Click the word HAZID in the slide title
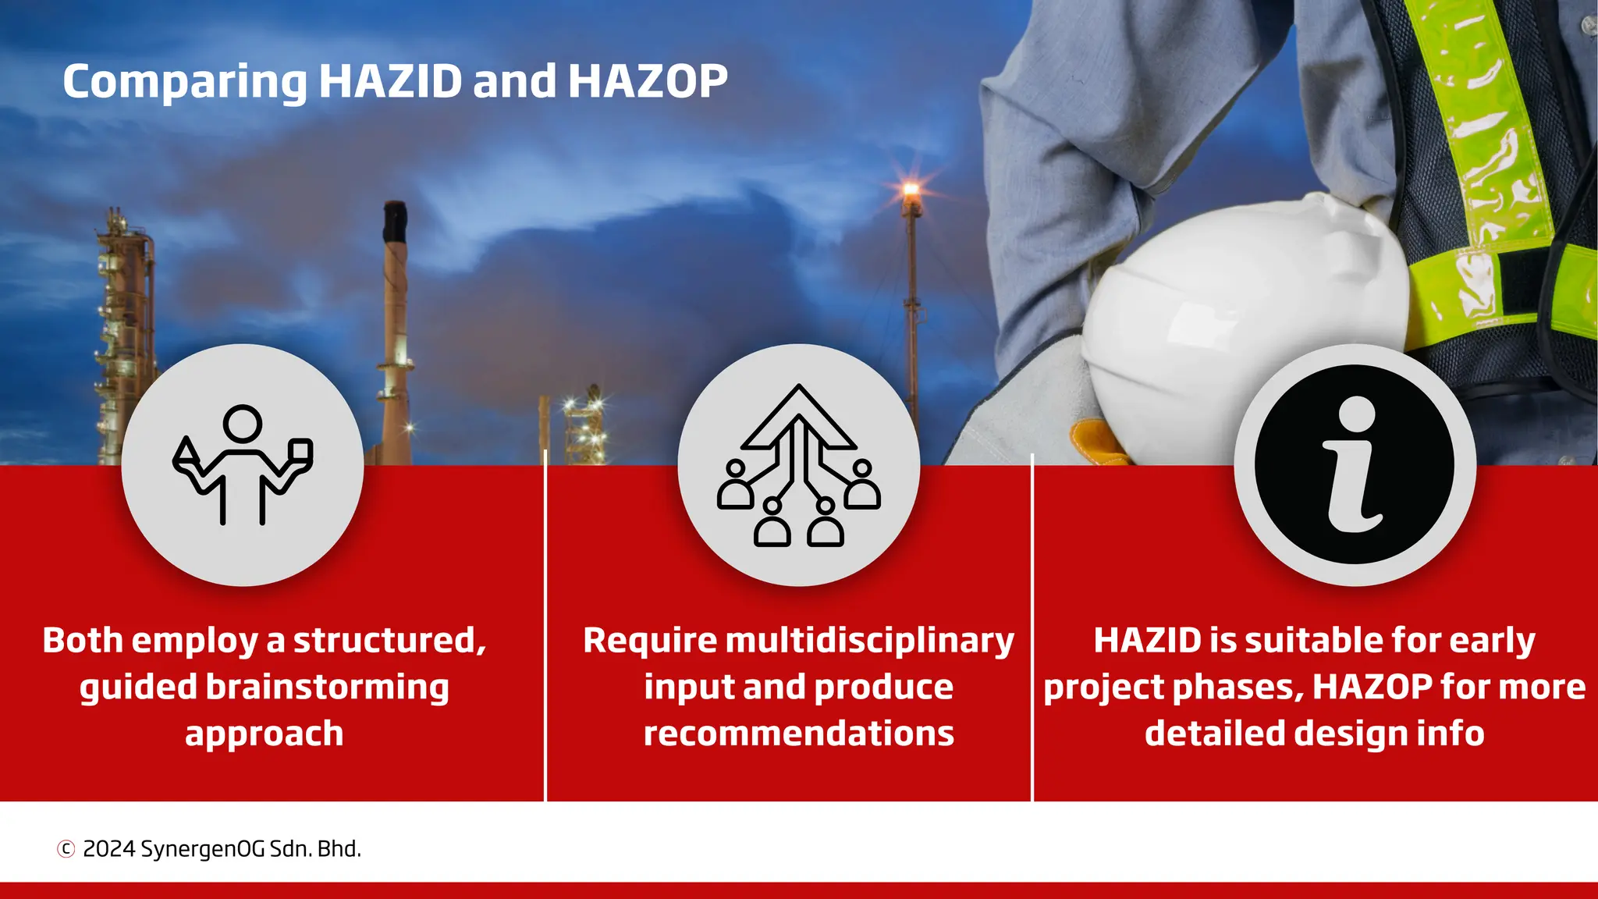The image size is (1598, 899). click(390, 81)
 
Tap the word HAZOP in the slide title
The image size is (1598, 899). click(648, 81)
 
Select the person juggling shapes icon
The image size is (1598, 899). click(243, 465)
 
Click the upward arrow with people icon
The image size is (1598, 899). click(798, 465)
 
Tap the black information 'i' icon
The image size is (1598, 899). click(1355, 465)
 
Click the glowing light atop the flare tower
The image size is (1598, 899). click(910, 189)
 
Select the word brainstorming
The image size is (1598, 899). click(327, 688)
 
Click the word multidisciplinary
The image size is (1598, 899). click(869, 641)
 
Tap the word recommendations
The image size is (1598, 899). click(798, 734)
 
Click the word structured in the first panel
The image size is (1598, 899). click(389, 641)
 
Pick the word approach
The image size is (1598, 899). click(264, 734)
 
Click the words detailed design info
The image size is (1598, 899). click(1314, 734)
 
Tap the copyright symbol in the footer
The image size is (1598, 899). click(66, 848)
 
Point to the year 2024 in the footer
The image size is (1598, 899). click(108, 848)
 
